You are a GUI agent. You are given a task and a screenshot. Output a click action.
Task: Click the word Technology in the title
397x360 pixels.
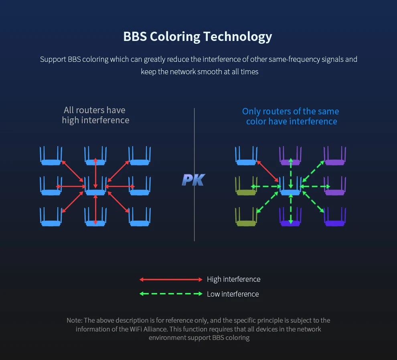(x=237, y=37)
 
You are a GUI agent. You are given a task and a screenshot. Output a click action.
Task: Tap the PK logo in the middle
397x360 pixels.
(x=193, y=180)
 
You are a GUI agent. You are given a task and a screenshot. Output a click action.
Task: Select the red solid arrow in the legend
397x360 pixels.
(x=171, y=279)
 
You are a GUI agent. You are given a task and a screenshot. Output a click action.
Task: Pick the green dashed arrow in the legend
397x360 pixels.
(x=171, y=294)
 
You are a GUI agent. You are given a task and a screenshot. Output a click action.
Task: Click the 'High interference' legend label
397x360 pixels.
(x=233, y=279)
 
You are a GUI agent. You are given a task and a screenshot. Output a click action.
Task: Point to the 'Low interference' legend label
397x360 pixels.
(x=233, y=294)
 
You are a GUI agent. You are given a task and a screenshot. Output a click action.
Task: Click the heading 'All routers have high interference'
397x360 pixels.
(x=95, y=115)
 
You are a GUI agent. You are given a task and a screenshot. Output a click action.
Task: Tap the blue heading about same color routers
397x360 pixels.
(x=291, y=116)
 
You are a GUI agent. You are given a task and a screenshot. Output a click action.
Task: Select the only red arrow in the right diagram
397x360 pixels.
(x=268, y=171)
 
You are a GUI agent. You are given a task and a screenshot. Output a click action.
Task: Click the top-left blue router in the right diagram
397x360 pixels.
(x=246, y=156)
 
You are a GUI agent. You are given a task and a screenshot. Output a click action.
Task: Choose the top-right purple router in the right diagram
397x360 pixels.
(x=335, y=156)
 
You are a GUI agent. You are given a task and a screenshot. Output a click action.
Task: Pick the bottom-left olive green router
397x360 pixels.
(x=246, y=217)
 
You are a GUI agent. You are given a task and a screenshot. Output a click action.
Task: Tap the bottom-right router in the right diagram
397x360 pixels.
(x=335, y=217)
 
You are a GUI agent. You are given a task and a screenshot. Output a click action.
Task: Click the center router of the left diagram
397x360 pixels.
(x=95, y=186)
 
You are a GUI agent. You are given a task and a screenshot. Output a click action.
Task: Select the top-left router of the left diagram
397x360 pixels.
(x=51, y=156)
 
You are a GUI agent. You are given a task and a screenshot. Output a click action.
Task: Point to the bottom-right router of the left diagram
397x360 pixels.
(x=140, y=217)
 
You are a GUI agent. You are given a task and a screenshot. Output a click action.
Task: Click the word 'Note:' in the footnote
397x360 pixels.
(x=75, y=321)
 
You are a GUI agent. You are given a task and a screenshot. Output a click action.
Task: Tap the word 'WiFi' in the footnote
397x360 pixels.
(x=136, y=329)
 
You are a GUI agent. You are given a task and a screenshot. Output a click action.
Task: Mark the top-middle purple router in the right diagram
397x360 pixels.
(x=290, y=156)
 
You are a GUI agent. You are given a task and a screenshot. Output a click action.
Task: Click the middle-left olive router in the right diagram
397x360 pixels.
(x=246, y=186)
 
